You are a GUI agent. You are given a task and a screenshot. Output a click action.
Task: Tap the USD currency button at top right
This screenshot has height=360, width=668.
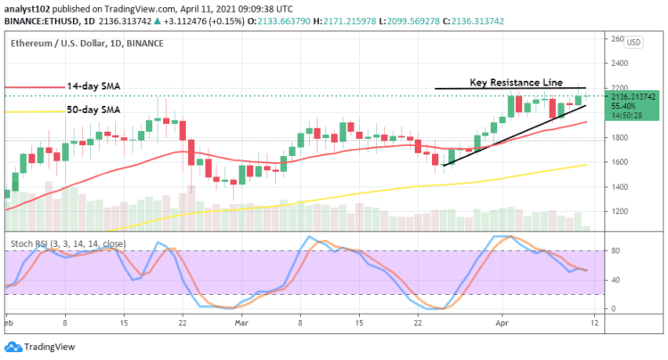point(633,42)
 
